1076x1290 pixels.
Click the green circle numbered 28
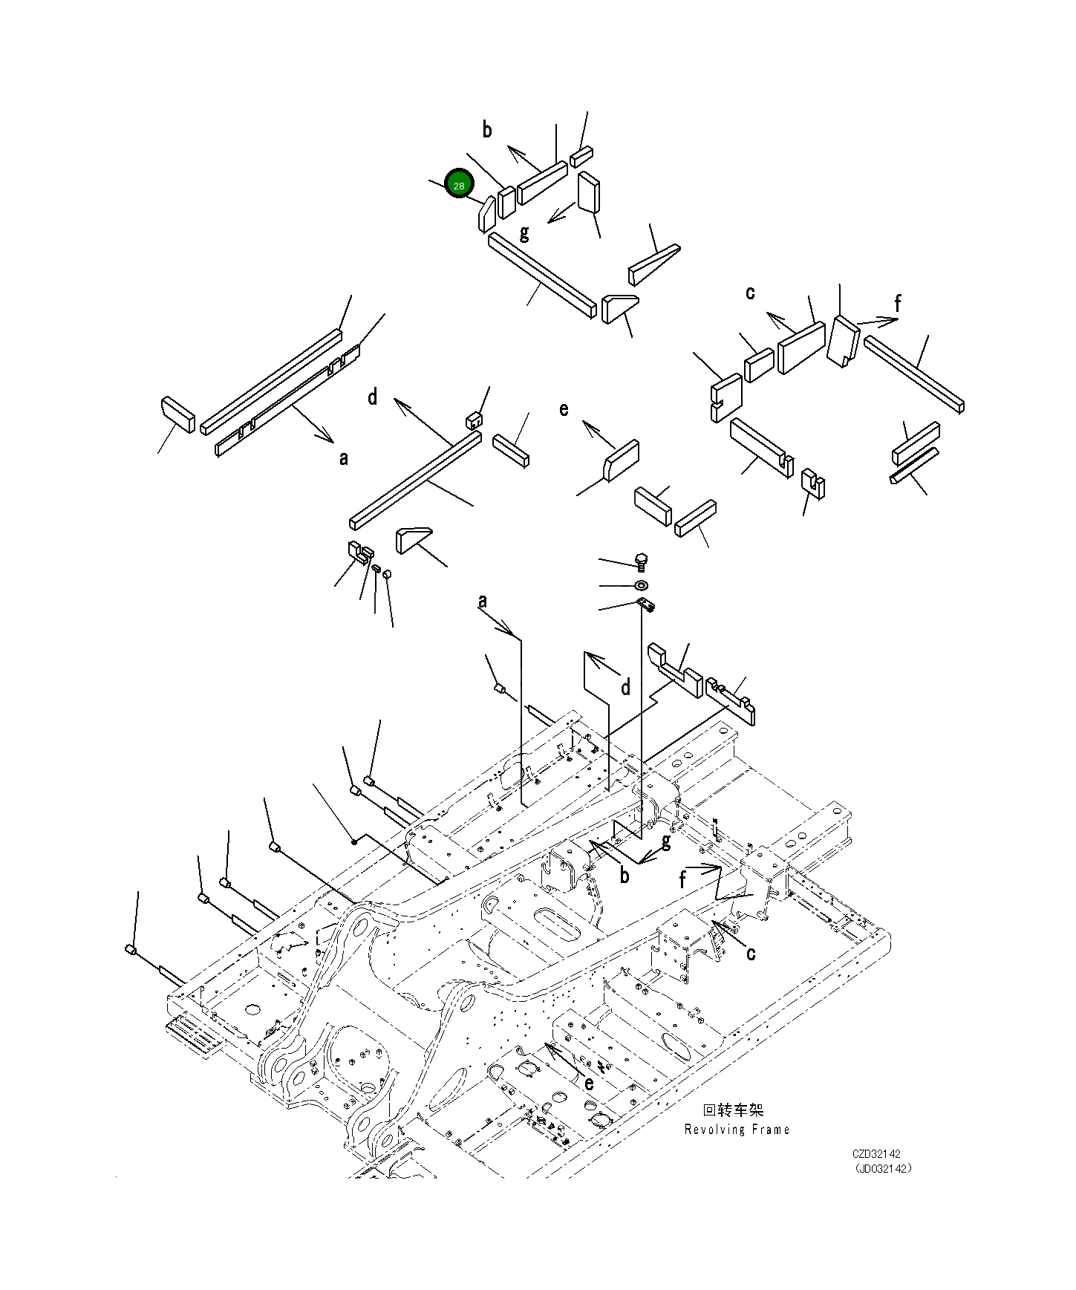(x=459, y=185)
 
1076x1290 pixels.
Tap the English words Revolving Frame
(x=737, y=1130)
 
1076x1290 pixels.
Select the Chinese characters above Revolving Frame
(x=733, y=1110)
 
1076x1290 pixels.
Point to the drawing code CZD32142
(x=876, y=1154)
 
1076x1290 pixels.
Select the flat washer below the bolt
(x=642, y=585)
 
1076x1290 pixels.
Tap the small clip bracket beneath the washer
(x=646, y=605)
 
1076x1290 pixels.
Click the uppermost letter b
(x=487, y=130)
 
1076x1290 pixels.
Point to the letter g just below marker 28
(x=524, y=233)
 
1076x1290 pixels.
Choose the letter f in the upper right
(x=897, y=303)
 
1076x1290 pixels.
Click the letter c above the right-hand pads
(x=750, y=293)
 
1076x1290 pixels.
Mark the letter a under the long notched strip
(x=343, y=458)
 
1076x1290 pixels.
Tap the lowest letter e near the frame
(x=589, y=1084)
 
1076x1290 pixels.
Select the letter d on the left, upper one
(x=373, y=397)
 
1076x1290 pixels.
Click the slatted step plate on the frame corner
(x=194, y=1034)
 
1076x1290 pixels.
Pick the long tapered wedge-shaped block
(x=654, y=264)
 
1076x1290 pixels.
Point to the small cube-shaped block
(x=475, y=420)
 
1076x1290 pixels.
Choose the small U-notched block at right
(x=813, y=483)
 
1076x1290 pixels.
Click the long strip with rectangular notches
(x=287, y=401)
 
